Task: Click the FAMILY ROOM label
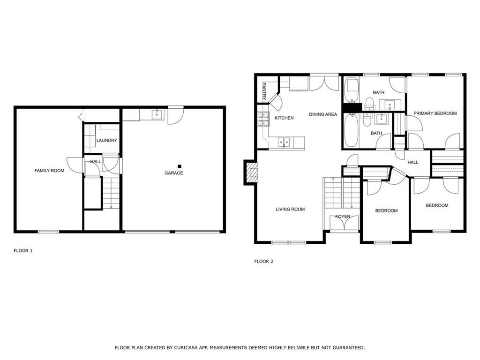click(x=49, y=171)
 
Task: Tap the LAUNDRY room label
click(x=106, y=141)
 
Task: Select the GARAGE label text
click(x=174, y=173)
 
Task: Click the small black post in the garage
click(x=180, y=166)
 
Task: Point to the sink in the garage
click(x=157, y=114)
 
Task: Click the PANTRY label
click(x=264, y=91)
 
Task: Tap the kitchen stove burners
click(x=263, y=119)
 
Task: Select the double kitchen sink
click(x=284, y=142)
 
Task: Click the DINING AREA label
click(x=323, y=114)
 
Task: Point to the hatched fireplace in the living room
click(x=253, y=172)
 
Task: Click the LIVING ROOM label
click(x=290, y=210)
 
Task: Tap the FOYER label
click(x=343, y=217)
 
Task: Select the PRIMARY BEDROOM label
click(x=435, y=113)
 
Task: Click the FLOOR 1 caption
click(x=23, y=251)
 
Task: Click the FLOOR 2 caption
click(x=263, y=262)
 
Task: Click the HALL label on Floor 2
click(x=413, y=162)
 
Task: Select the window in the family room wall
click(x=48, y=232)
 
